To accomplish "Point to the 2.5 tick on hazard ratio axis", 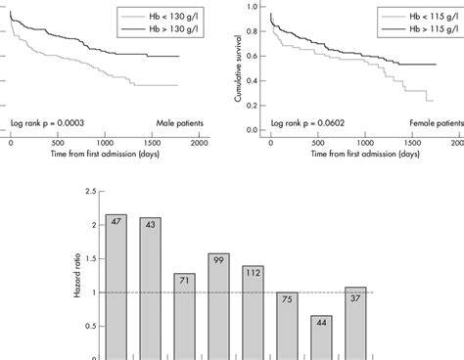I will click(81, 192).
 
